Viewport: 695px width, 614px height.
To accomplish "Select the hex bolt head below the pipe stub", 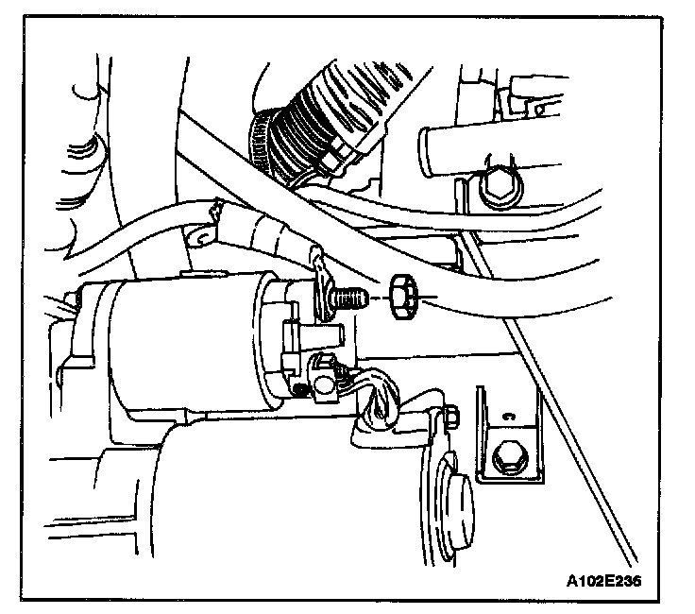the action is tap(496, 187).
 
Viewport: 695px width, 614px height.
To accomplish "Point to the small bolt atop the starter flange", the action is tap(450, 417).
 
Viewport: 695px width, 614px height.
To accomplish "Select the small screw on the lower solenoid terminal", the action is tap(299, 386).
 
